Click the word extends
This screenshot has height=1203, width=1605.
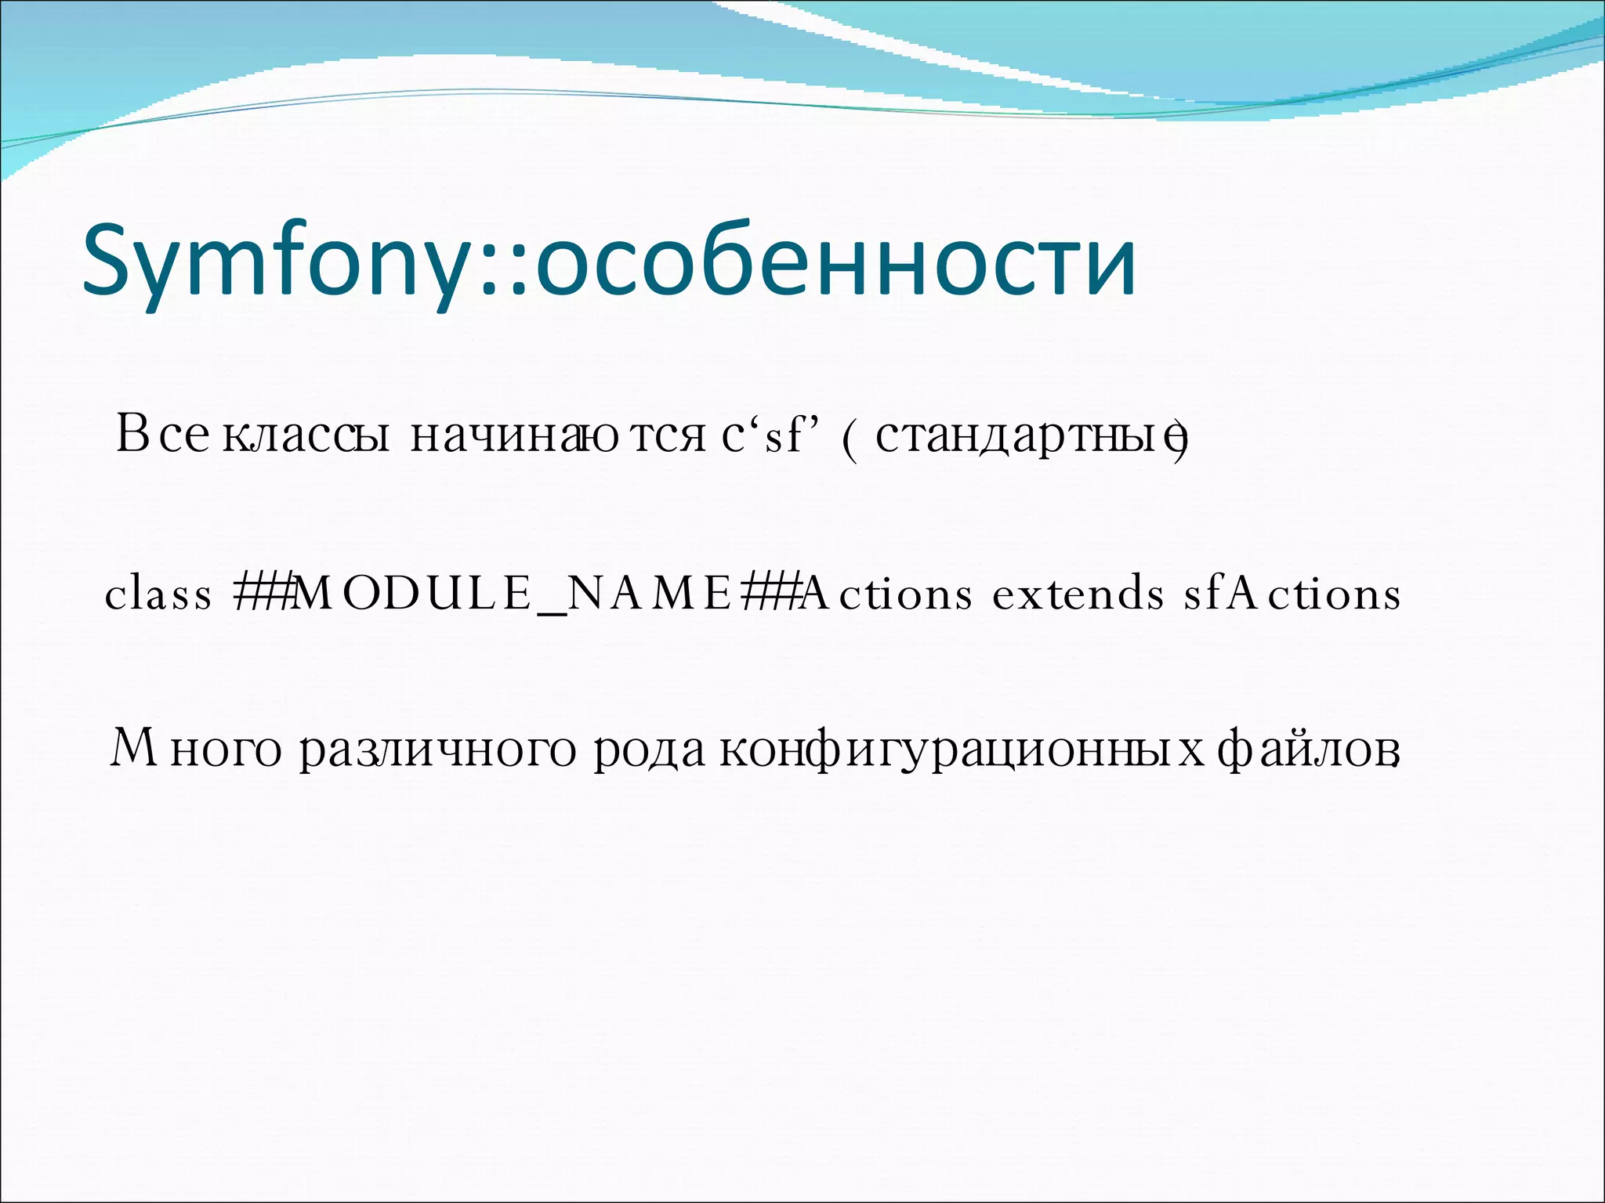(x=1078, y=594)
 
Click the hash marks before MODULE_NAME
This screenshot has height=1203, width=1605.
(x=263, y=594)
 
